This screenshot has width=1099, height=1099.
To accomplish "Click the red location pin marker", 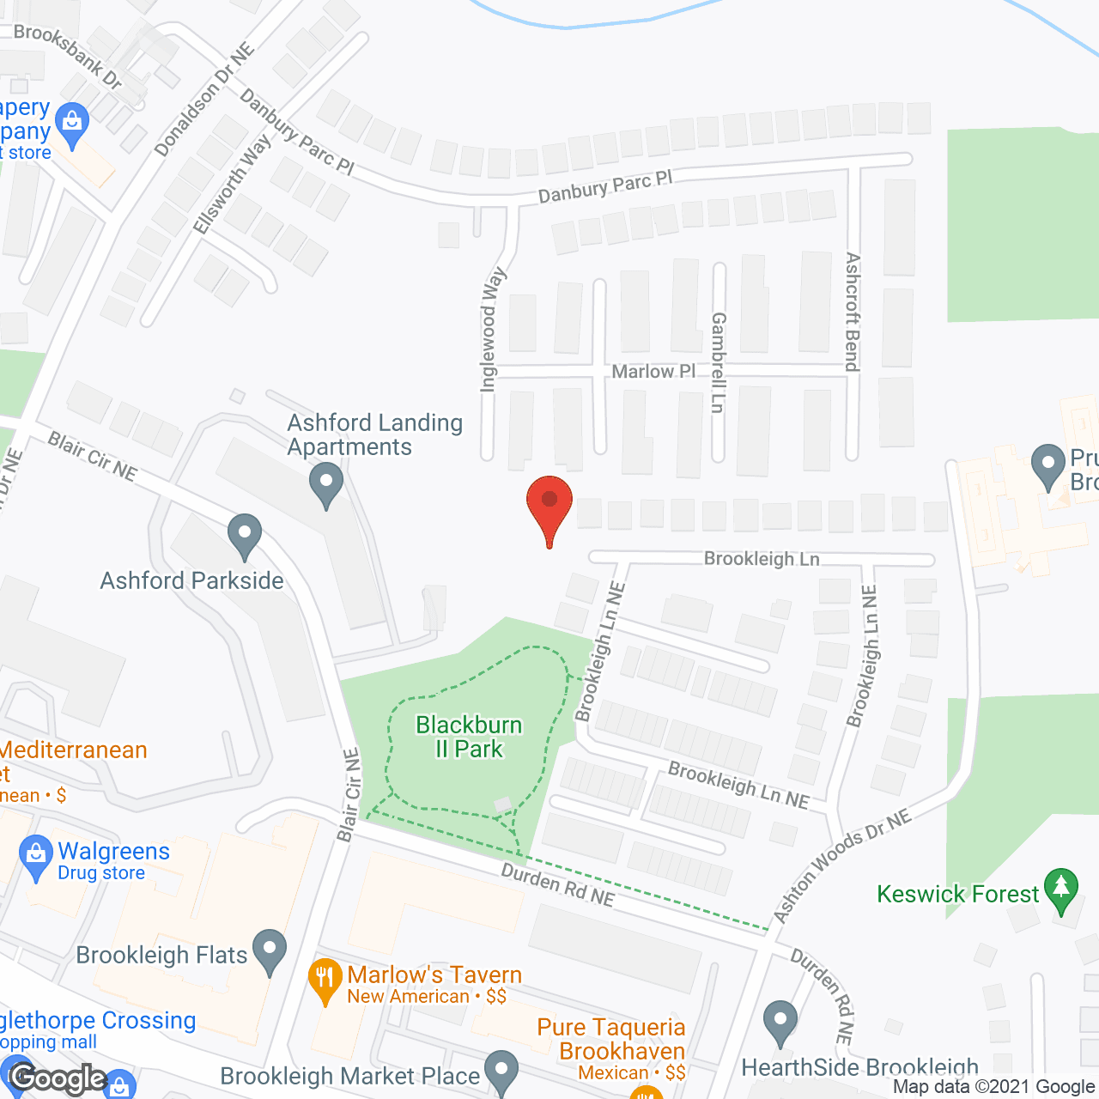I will (x=549, y=507).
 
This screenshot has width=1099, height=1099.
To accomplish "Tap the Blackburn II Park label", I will (x=469, y=737).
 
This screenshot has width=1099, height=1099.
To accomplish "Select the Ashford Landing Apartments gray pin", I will (x=326, y=484).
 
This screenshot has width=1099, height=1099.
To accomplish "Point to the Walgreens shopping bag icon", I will (x=36, y=857).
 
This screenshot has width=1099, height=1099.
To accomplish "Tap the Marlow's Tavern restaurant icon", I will (x=325, y=980).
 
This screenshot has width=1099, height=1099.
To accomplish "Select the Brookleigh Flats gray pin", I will (x=270, y=951).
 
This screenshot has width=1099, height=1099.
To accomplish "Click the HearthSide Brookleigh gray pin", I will (x=780, y=1023).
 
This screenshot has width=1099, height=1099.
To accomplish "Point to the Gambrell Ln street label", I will (x=719, y=362).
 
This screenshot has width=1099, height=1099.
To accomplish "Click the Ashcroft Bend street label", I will (x=852, y=311).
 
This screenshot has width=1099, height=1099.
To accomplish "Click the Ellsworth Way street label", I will (x=232, y=184).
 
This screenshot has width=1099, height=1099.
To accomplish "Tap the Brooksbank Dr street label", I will (x=68, y=56).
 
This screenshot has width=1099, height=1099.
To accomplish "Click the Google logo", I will (x=58, y=1078).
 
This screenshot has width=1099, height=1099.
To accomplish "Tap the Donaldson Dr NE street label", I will (x=204, y=100).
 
